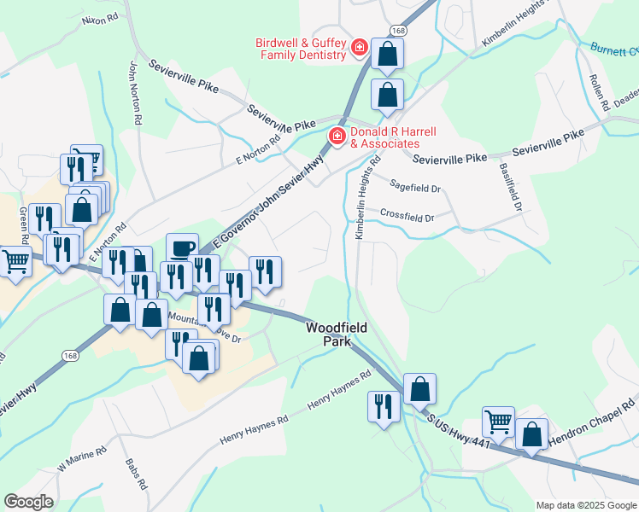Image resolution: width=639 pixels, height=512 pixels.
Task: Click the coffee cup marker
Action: click(x=182, y=248)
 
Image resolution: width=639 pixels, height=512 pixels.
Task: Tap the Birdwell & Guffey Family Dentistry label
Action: click(x=300, y=49)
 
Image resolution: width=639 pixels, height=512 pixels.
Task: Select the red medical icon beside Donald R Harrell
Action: click(x=337, y=137)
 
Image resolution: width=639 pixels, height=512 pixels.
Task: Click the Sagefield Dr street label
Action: click(x=414, y=186)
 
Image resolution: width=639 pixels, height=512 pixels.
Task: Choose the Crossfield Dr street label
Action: click(x=407, y=216)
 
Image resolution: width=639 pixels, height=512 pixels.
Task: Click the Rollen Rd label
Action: click(x=597, y=88)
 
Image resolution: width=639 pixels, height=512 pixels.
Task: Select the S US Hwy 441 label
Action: click(x=459, y=436)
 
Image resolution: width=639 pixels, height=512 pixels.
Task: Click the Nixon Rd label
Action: click(x=100, y=18)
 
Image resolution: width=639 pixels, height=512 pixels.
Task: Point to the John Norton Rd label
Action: click(x=134, y=92)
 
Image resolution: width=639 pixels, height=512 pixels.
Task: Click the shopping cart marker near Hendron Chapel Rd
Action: click(x=498, y=422)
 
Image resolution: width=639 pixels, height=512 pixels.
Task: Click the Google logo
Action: click(x=28, y=502)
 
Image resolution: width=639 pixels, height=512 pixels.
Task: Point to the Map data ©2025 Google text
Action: click(x=585, y=505)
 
